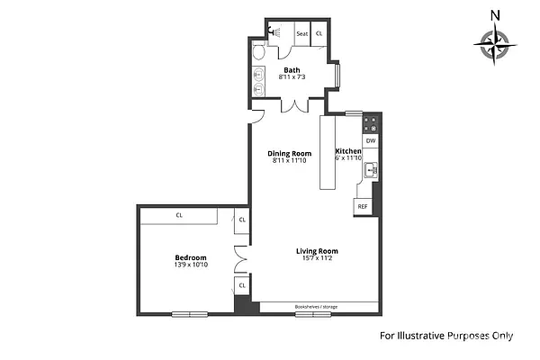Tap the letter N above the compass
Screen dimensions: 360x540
(x=495, y=14)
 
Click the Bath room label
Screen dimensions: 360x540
(x=292, y=69)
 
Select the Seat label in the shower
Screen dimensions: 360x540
(x=302, y=34)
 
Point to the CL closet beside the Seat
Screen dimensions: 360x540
(x=319, y=34)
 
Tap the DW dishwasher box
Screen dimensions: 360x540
(x=371, y=140)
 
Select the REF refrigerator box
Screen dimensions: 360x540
(x=363, y=206)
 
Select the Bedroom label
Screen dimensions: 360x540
(x=191, y=256)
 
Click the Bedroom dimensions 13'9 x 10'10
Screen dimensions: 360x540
(x=191, y=265)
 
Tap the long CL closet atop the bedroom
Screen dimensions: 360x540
(x=179, y=215)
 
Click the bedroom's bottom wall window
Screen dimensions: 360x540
(x=190, y=314)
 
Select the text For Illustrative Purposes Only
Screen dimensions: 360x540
(x=445, y=337)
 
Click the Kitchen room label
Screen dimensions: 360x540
(x=348, y=151)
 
